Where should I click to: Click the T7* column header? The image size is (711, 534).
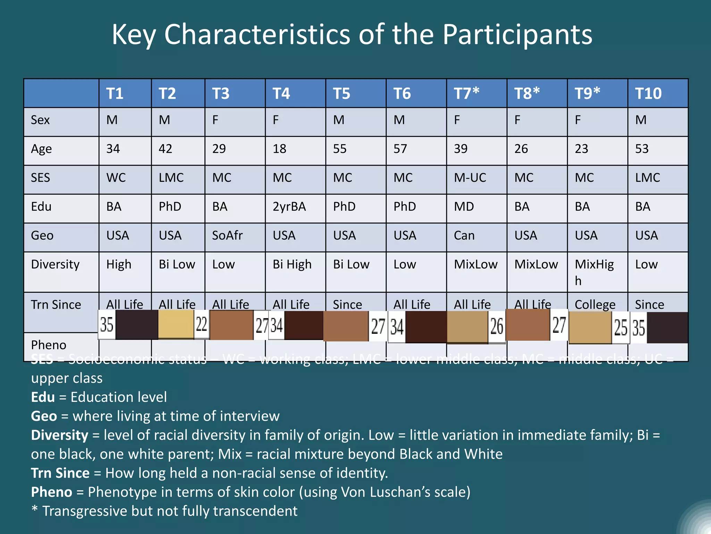(466, 93)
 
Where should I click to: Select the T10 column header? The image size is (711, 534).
(648, 93)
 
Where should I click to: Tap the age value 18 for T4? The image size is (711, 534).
(279, 149)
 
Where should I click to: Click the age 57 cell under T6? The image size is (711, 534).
(400, 149)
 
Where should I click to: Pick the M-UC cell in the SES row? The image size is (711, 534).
(470, 178)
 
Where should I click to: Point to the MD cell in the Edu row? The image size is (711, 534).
(464, 207)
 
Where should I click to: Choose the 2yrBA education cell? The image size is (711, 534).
(289, 207)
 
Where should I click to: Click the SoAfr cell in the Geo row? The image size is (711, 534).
(227, 235)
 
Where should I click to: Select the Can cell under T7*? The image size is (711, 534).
(464, 235)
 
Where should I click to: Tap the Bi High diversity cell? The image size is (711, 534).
(292, 264)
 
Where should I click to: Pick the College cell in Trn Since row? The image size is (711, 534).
(595, 305)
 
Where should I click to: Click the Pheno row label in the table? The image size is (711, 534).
(49, 345)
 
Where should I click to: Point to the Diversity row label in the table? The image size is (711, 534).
(55, 264)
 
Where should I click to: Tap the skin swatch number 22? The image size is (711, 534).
(201, 324)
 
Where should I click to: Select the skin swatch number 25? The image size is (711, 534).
(621, 327)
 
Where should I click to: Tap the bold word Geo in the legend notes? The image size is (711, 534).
(44, 416)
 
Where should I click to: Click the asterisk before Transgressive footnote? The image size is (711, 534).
(34, 510)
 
